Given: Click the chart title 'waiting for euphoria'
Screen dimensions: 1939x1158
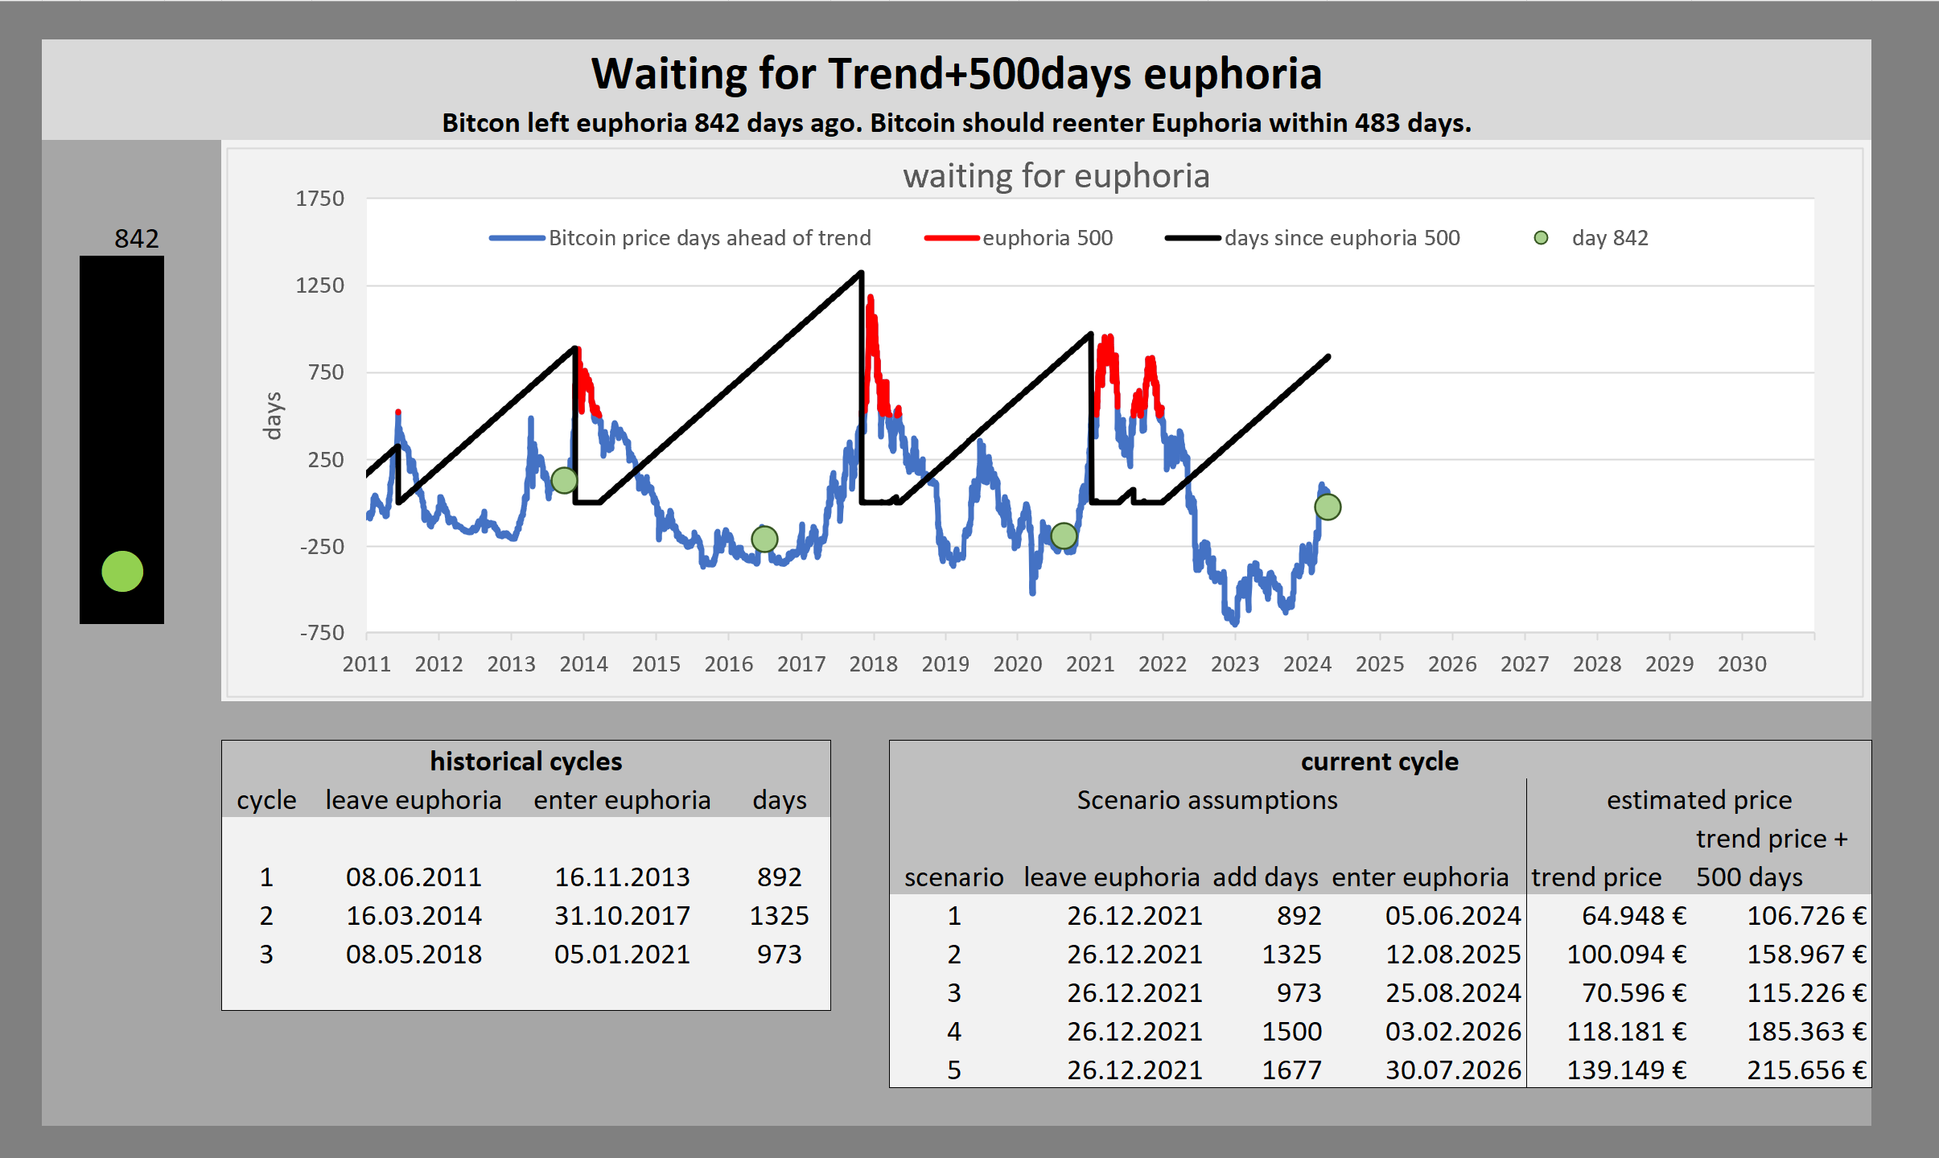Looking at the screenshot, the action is [1056, 176].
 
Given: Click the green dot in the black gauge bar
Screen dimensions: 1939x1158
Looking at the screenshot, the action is [122, 572].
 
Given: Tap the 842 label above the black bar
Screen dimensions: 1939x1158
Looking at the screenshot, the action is [137, 238].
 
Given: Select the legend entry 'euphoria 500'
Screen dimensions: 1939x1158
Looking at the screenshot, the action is [1019, 238].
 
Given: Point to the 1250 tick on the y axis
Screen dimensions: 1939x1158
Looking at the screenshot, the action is [319, 285].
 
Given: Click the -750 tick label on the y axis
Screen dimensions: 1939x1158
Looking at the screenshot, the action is [322, 633].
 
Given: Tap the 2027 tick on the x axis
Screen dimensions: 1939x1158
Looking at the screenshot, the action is [1525, 664].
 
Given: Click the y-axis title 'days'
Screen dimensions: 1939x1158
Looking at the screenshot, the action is [273, 416].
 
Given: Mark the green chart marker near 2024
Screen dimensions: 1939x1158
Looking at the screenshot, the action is [1328, 507].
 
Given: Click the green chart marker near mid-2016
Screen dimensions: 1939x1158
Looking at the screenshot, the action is [764, 539].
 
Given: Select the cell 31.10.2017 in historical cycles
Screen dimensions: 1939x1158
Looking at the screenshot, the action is [622, 915].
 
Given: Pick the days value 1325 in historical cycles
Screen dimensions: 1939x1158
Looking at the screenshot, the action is [779, 915].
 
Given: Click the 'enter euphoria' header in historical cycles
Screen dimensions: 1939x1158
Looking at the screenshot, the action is [622, 800].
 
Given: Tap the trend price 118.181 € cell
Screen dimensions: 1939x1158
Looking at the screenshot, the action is [1626, 1031].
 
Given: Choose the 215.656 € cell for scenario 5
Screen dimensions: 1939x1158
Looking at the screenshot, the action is [1806, 1070].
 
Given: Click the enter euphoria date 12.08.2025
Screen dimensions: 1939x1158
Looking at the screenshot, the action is [1453, 954].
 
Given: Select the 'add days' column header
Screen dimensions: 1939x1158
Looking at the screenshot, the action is [1266, 877].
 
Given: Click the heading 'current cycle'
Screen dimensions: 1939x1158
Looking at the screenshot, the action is [1380, 761].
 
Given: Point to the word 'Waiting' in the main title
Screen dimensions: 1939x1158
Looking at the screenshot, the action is [669, 74].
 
